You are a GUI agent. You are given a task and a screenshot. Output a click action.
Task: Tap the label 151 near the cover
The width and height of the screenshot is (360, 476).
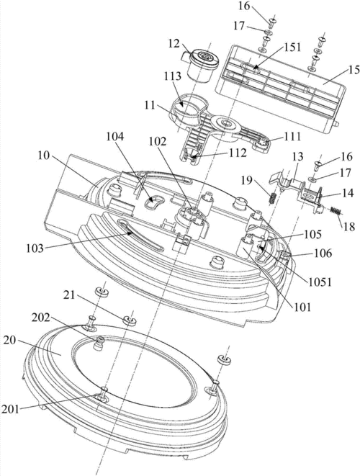292,47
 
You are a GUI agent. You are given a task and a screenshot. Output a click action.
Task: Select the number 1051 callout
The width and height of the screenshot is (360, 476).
320,282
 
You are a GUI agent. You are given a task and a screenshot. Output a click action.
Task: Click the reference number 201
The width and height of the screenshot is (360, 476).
10,409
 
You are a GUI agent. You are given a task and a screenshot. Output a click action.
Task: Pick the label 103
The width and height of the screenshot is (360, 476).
35,248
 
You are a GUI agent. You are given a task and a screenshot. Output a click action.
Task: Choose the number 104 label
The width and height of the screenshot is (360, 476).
115,137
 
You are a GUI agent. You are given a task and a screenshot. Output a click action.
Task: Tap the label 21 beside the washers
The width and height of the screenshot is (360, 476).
69,295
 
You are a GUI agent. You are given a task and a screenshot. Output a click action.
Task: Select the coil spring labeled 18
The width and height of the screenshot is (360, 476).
335,211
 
